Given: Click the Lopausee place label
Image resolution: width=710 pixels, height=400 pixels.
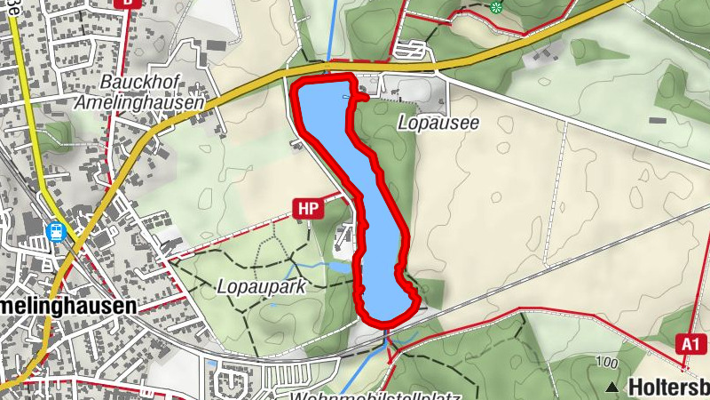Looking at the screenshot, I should point(438,124).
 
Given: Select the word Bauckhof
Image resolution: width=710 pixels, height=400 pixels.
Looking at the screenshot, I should point(136,83).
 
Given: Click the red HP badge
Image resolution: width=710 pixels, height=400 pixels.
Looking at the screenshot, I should point(309,209).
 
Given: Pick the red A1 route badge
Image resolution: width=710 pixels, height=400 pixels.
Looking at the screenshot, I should point(689,343).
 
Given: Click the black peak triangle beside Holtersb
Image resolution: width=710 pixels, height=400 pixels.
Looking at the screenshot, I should point(613,387).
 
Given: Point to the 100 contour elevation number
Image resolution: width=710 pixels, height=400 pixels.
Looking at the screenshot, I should point(607,363).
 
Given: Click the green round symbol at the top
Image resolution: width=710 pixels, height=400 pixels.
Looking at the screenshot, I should point(496,8).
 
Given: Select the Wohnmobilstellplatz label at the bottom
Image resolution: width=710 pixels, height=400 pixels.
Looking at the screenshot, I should point(355,394).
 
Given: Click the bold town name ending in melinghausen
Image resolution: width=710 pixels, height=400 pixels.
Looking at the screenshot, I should point(67,305).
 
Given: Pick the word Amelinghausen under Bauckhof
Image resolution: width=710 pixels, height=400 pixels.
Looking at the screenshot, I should point(139,101).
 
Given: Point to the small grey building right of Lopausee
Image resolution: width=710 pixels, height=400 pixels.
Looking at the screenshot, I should point(658,120).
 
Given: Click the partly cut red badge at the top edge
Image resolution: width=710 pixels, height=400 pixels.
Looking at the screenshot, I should point(128,3).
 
